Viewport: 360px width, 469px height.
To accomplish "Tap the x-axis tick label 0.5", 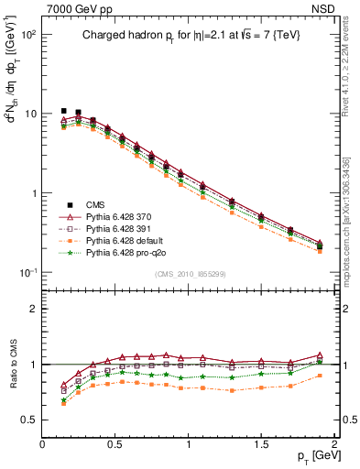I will pos(115,442).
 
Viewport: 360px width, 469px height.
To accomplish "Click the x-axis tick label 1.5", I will pos(262,442).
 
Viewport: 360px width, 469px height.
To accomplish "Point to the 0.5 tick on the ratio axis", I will pos(27,420).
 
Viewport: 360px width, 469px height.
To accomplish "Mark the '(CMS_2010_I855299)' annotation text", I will pos(189,275).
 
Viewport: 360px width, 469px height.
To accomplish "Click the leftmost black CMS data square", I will pos(63,111).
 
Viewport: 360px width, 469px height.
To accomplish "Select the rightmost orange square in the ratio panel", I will pos(320,376).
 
